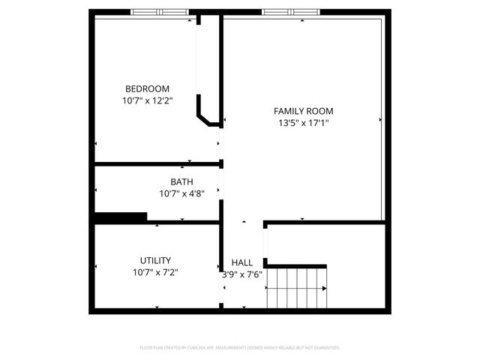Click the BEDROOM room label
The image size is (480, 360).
tap(147, 88)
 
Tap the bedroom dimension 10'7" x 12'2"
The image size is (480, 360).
tap(147, 100)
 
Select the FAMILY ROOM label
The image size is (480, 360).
tap(303, 111)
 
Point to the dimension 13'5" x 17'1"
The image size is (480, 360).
tap(303, 123)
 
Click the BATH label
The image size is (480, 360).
tap(181, 181)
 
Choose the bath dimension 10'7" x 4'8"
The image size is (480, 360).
tap(181, 193)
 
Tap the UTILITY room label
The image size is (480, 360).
tap(155, 260)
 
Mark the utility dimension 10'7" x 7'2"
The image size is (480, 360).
tap(155, 272)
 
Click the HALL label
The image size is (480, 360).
tap(242, 262)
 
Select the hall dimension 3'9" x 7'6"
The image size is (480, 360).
tap(242, 274)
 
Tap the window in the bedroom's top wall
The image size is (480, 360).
tap(159, 12)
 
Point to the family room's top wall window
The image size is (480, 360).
tap(289, 12)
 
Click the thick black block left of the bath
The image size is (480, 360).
tap(120, 217)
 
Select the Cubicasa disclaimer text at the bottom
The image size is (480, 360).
tap(240, 348)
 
